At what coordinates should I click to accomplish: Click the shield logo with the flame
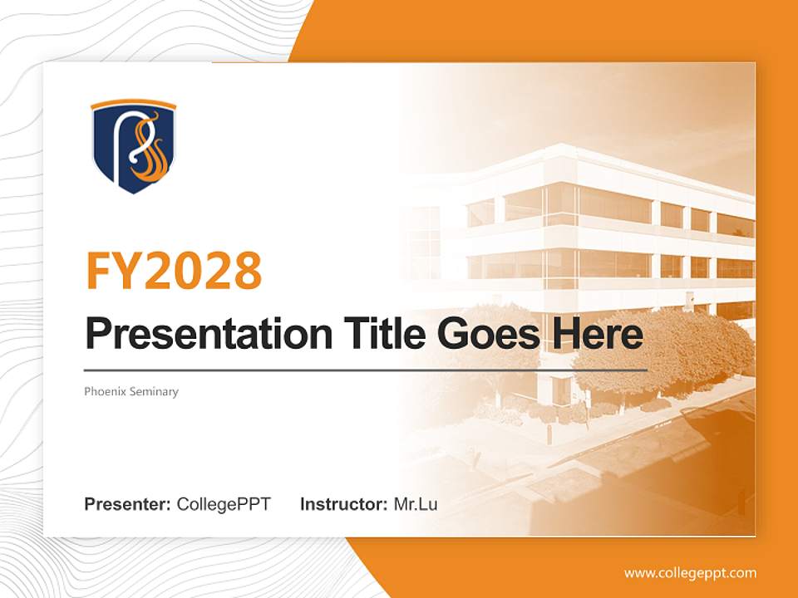tap(133, 147)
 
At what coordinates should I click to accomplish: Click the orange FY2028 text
tap(174, 271)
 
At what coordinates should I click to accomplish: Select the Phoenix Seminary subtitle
tap(131, 391)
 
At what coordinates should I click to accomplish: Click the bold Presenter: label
tap(128, 504)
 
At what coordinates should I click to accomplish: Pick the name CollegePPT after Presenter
tap(224, 504)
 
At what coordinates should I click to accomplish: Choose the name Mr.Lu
tap(416, 504)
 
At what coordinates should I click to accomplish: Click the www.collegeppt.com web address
tap(690, 573)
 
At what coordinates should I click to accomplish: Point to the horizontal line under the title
tap(366, 370)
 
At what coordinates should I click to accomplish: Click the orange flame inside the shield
tap(151, 158)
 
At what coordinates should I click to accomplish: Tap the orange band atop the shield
tap(133, 105)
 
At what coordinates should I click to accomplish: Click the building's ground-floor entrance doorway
tap(560, 390)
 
